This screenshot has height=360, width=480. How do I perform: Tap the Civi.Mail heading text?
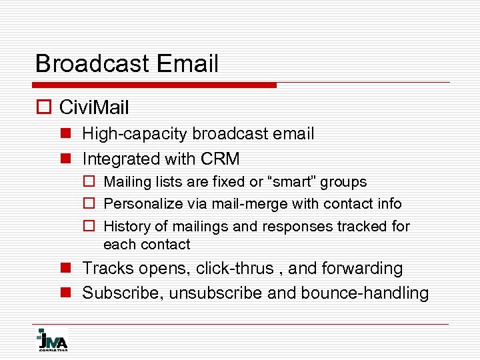coord(94,107)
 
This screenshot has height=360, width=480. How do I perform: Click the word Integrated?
coord(121,159)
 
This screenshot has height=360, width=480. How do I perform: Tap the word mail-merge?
coord(251,204)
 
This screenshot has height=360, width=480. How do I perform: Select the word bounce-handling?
coord(365,293)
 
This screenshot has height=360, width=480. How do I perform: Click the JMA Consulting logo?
coord(52,340)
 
